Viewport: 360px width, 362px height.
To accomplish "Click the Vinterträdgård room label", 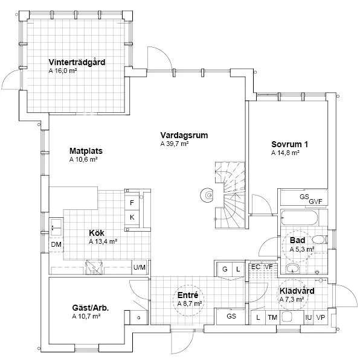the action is tap(77, 62).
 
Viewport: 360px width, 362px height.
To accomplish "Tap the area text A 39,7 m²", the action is tap(175, 144).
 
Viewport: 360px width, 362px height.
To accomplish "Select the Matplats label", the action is tap(86, 151).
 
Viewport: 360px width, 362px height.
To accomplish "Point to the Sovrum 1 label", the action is tap(289, 144).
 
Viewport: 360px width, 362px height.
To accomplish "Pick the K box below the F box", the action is tap(132, 217).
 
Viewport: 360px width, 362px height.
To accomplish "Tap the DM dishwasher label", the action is tap(56, 244).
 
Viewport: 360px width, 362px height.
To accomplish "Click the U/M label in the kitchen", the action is tap(140, 267).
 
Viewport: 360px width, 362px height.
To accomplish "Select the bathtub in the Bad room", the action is tap(300, 218).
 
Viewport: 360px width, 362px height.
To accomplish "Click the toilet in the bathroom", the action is tap(319, 240).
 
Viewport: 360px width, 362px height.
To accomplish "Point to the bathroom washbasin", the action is tap(292, 268).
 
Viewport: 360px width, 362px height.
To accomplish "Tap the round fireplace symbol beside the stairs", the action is tap(207, 195).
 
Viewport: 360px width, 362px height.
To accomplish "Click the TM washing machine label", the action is tap(272, 318).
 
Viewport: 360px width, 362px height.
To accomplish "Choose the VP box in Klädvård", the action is tap(321, 317).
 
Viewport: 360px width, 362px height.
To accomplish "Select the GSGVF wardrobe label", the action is tap(311, 199).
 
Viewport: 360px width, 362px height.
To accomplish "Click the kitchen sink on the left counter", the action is tap(56, 227).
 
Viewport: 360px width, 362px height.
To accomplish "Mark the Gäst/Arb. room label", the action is tap(91, 308).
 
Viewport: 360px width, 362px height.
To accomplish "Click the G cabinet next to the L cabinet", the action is tap(225, 269).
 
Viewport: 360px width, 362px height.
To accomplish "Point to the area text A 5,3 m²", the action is tap(302, 249).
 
